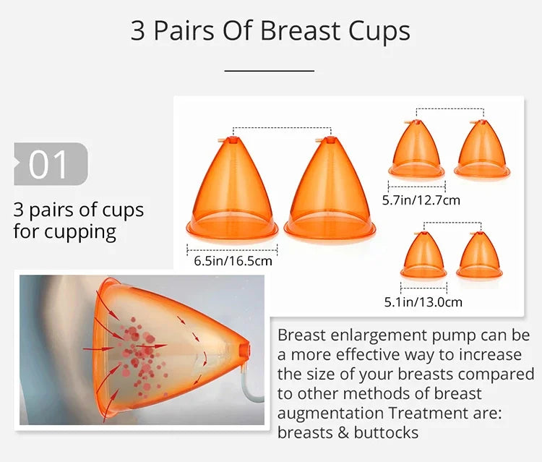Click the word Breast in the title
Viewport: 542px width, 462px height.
click(299, 31)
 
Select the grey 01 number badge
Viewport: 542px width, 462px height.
click(50, 163)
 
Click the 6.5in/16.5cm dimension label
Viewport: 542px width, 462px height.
click(233, 260)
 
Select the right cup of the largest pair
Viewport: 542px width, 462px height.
click(330, 188)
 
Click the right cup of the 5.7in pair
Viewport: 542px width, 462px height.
click(482, 149)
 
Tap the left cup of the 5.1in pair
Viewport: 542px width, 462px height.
click(423, 256)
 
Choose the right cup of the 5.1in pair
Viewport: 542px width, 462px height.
click(478, 256)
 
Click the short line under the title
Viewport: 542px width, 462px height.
click(270, 71)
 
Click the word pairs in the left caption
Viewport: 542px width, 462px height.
click(55, 210)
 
